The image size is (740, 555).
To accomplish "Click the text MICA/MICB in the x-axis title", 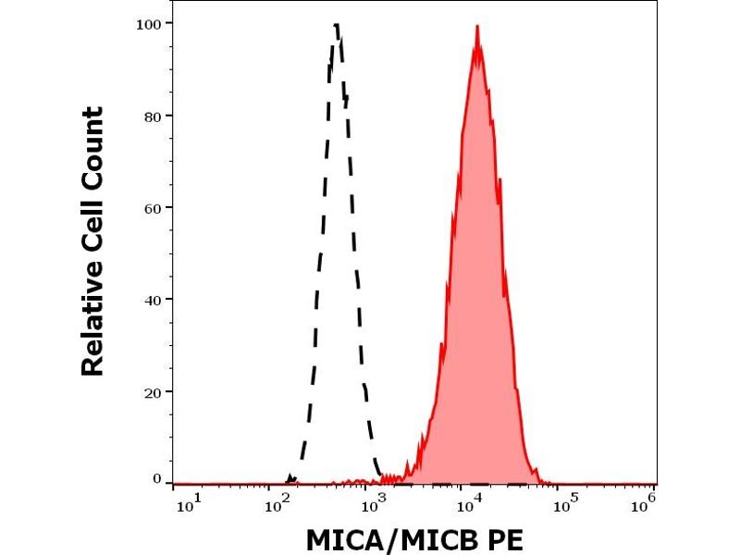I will pyautogui.click(x=388, y=537).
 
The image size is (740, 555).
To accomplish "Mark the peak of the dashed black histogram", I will pyautogui.click(x=337, y=25).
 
